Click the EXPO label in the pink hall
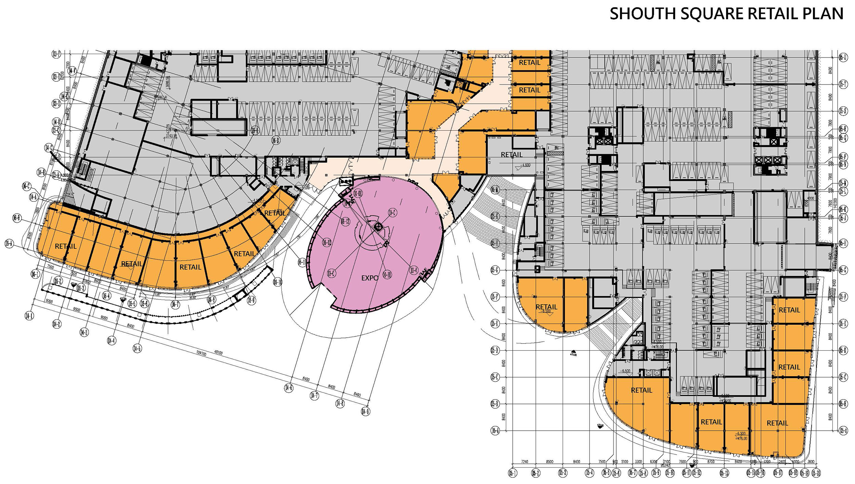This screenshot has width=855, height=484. [370, 278]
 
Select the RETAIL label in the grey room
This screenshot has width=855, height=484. [512, 155]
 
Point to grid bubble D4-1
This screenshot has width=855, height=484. [29, 316]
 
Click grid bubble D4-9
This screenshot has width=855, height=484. [366, 411]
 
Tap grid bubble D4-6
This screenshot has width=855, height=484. [289, 388]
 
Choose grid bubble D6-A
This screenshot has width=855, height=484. [9, 244]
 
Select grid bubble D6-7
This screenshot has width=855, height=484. [175, 304]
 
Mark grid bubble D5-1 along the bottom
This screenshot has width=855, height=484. [512, 473]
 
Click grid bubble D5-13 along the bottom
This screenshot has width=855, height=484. [724, 473]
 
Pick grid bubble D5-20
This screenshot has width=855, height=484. [816, 473]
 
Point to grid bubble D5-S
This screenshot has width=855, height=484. [843, 111]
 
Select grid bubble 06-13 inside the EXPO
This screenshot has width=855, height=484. [345, 222]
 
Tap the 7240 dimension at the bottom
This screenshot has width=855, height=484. [524, 462]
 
